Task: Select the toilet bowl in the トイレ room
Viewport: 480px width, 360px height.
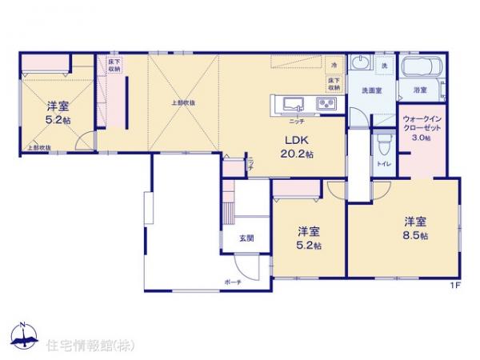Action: (383, 145)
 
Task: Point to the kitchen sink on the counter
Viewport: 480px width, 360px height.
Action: (289, 103)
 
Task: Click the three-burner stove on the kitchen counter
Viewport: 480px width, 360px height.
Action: (326, 104)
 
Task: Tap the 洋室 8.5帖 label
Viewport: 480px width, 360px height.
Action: (414, 228)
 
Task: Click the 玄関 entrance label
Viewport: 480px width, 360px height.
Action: (246, 238)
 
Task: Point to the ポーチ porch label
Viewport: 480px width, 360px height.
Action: (233, 282)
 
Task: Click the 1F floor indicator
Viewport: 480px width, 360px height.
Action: (454, 284)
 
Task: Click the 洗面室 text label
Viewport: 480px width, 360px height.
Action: (369, 91)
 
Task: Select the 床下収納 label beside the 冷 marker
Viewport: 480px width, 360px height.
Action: (333, 83)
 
